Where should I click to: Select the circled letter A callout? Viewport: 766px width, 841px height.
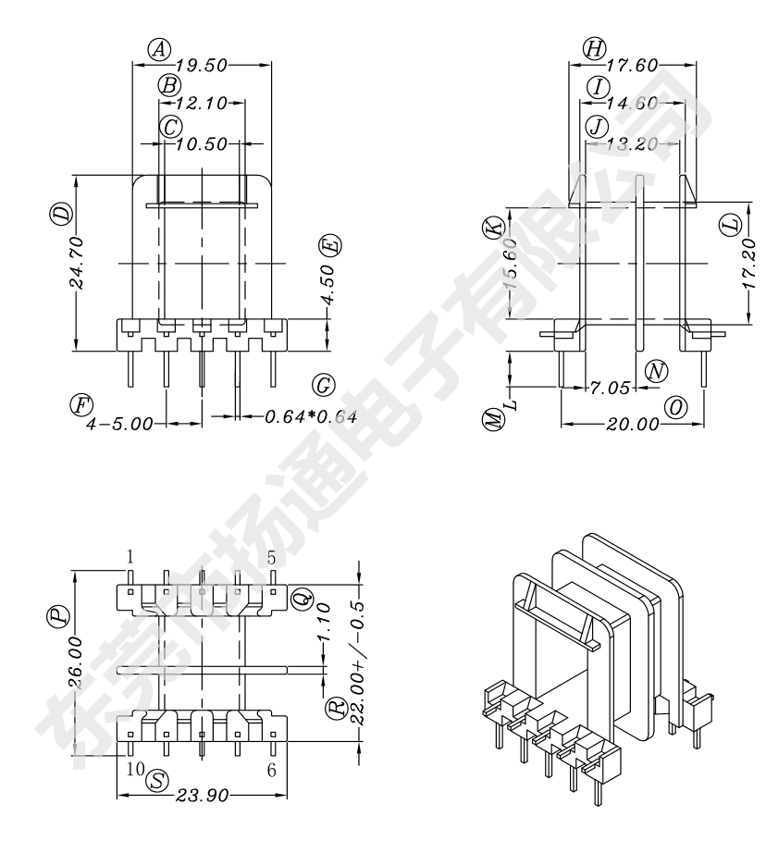tap(162, 48)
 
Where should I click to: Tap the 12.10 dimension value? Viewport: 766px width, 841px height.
tap(201, 104)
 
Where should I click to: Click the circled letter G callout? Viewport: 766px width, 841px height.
tap(323, 384)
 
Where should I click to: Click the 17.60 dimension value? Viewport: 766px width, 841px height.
tap(632, 66)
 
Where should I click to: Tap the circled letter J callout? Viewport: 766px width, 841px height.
tap(597, 125)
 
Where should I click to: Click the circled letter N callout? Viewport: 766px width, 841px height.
tap(656, 371)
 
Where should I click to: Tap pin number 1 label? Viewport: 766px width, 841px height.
tap(130, 557)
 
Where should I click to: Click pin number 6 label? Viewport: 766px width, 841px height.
tap(271, 769)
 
